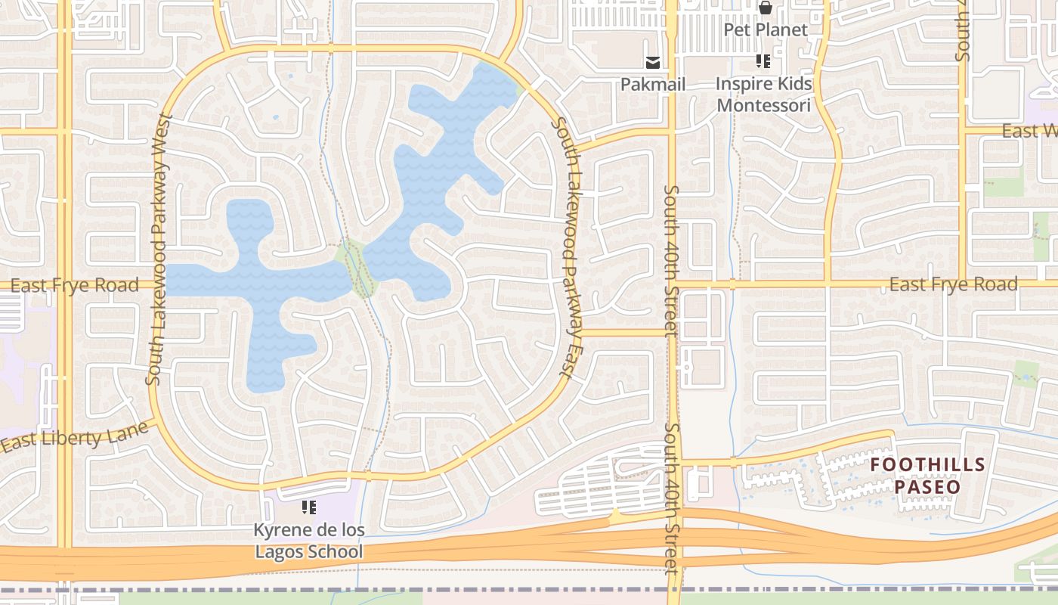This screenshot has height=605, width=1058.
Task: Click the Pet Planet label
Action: coord(766,29)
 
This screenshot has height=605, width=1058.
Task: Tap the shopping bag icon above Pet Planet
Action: coord(766,8)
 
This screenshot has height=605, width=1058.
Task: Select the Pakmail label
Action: coord(653,84)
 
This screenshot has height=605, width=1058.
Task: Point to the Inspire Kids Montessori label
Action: coord(764,94)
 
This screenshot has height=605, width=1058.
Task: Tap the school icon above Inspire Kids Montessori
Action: coord(763,61)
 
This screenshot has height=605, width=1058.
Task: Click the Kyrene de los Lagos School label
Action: coord(309,541)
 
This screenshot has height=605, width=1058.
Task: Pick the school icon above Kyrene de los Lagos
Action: coord(308,507)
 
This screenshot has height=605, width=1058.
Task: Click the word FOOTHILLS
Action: coord(927,464)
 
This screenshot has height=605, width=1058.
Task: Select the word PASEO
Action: coord(927,486)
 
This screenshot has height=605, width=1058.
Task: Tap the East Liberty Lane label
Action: coord(74,438)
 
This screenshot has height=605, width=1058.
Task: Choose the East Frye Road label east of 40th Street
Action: coord(953,284)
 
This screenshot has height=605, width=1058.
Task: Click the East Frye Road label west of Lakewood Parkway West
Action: coord(75,285)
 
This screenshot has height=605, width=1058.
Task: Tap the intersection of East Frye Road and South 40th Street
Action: coord(671,285)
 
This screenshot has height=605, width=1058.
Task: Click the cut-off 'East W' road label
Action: coord(1029,131)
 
